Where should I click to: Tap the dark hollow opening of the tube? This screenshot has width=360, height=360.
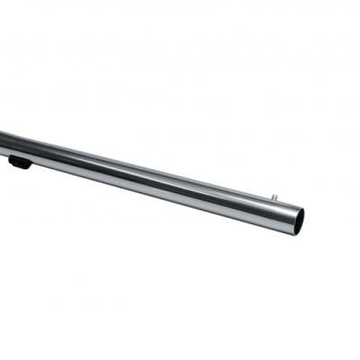click(294, 220)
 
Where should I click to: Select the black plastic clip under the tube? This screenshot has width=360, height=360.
click(19, 163)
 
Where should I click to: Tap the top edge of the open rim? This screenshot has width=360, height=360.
click(298, 207)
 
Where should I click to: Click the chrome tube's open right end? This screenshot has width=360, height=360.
click(294, 220)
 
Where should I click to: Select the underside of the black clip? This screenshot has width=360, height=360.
click(19, 167)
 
